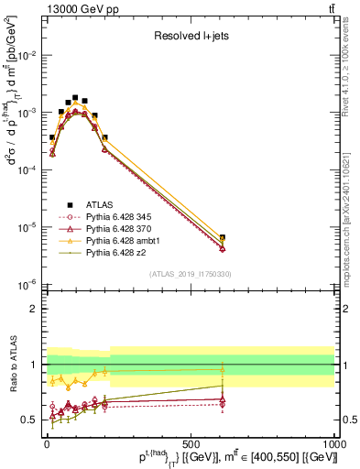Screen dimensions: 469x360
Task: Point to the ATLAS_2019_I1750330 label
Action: (190, 274)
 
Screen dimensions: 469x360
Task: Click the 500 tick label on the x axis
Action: (191, 442)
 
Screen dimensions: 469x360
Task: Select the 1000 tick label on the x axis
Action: (333, 442)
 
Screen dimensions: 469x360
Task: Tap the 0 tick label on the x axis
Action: (46, 442)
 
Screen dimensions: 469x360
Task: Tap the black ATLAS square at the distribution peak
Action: (75, 97)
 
